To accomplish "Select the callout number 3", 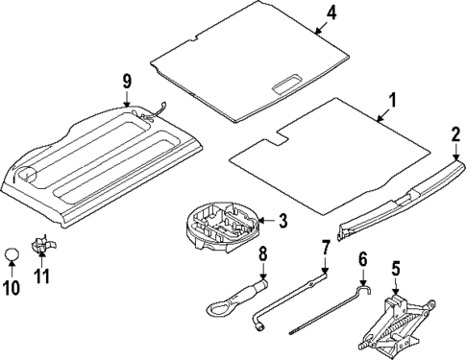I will point(282,222).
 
